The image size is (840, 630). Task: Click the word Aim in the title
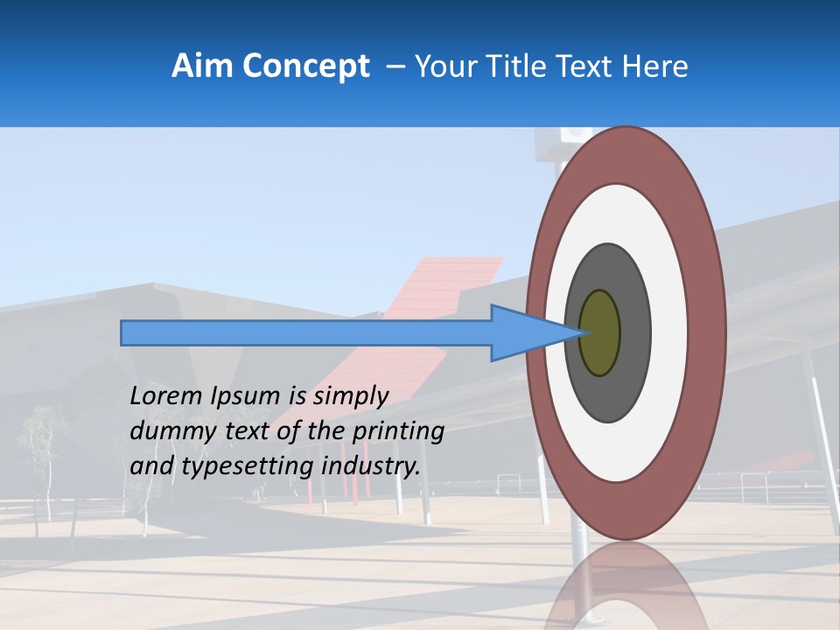202,66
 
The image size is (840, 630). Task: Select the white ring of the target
668,333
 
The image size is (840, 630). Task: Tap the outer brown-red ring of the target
708,333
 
